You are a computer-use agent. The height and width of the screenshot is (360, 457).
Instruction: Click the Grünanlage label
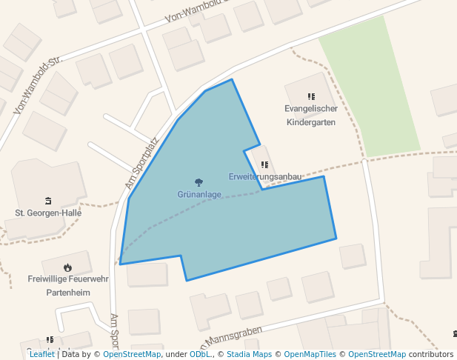(x=199, y=194)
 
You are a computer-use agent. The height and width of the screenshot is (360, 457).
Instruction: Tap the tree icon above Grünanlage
(x=199, y=182)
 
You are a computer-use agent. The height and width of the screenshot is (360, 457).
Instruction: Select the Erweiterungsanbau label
(x=264, y=177)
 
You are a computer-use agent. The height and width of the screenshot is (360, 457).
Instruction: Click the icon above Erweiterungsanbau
(x=264, y=164)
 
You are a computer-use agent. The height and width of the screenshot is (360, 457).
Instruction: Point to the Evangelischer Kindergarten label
(x=311, y=115)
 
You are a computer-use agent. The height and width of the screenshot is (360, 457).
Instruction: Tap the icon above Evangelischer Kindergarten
(x=311, y=96)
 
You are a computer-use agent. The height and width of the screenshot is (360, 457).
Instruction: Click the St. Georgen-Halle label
(x=48, y=213)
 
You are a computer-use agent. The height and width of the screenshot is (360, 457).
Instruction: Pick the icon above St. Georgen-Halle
(x=48, y=200)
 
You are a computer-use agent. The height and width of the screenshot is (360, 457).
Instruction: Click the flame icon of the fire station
(x=67, y=267)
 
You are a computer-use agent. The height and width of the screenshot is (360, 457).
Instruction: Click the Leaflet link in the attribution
(x=41, y=354)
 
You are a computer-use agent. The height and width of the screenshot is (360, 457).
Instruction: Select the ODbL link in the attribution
(x=200, y=354)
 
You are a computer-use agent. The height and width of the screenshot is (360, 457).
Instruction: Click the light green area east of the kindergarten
(x=374, y=89)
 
